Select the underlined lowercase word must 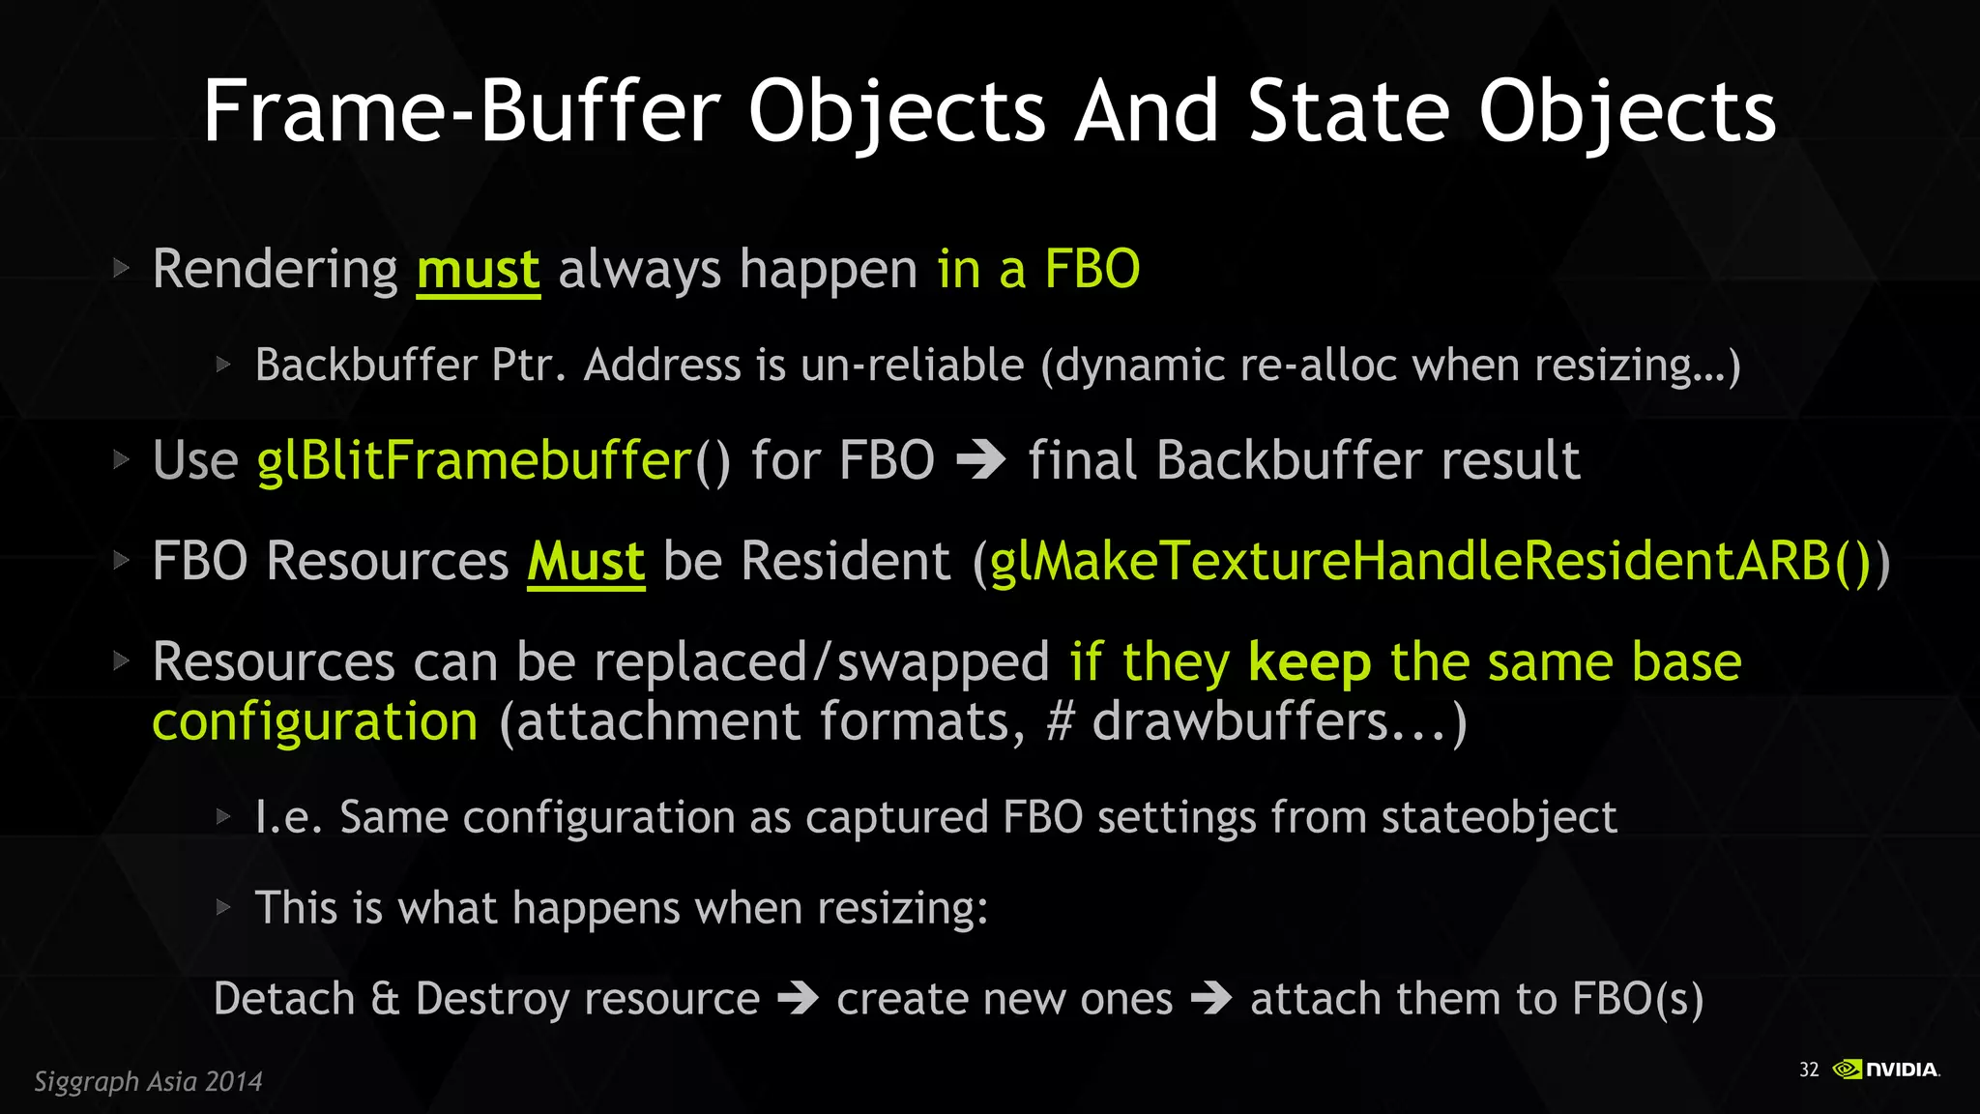pos(478,270)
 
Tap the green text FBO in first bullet pos(1092,269)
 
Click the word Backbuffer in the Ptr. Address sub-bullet pos(365,366)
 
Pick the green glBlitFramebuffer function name pos(474,460)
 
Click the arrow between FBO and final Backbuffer pos(980,460)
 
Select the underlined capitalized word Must pos(586,561)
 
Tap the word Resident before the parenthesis pos(845,561)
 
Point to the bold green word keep pos(1309,662)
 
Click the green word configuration pos(314,722)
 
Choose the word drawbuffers pos(1240,722)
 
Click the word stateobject pos(1499,817)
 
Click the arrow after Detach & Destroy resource pos(798,998)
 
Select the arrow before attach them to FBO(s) pos(1211,998)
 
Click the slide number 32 pos(1809,1070)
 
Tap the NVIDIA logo pos(1885,1070)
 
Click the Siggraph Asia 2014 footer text pos(148,1081)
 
